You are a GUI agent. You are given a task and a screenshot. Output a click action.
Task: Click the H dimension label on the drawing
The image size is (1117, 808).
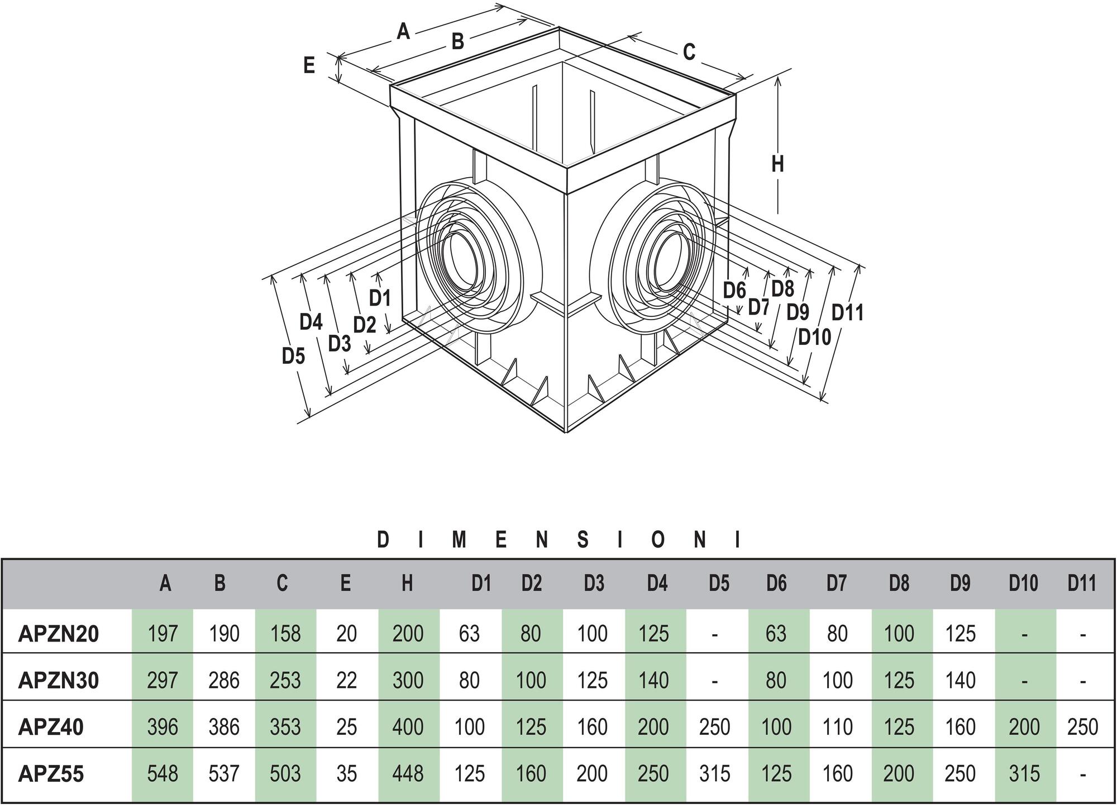click(x=777, y=164)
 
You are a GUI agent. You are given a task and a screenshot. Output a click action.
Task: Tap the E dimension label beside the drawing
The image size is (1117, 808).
click(x=309, y=65)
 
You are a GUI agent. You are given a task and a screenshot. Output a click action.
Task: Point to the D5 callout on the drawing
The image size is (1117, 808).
click(x=293, y=355)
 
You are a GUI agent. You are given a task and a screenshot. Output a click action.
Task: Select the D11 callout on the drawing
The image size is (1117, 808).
click(x=847, y=312)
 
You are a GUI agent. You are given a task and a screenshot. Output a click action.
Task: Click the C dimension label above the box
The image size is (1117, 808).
click(x=689, y=52)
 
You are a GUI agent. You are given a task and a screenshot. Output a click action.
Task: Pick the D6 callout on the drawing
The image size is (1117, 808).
click(x=734, y=291)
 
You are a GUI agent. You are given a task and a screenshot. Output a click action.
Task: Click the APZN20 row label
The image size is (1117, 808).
click(x=59, y=634)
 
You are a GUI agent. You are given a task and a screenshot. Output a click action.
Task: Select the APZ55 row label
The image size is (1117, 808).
click(x=51, y=774)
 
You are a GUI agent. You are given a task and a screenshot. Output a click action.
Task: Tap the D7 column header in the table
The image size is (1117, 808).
click(x=837, y=583)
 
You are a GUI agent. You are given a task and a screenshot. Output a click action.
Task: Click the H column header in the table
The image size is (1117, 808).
click(x=407, y=583)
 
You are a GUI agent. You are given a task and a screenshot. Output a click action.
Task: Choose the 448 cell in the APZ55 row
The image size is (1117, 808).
click(x=408, y=774)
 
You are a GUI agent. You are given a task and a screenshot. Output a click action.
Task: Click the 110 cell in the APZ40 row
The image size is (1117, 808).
click(x=837, y=727)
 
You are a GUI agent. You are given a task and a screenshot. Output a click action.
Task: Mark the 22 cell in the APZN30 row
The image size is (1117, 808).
click(x=346, y=681)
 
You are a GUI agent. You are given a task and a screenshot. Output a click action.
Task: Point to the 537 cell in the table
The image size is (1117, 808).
click(x=224, y=774)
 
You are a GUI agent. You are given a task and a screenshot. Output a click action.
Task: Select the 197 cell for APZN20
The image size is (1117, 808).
click(x=163, y=634)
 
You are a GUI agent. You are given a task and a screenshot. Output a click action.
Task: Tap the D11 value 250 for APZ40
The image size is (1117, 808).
click(x=1082, y=727)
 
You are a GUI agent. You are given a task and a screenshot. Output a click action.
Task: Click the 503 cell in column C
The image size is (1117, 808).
click(x=285, y=774)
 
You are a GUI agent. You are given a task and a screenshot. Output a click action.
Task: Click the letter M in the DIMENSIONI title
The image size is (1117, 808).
click(x=459, y=540)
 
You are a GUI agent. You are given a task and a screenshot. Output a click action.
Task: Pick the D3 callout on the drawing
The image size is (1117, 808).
click(x=339, y=344)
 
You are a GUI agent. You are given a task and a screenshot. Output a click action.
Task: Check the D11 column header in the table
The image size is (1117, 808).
click(x=1082, y=583)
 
